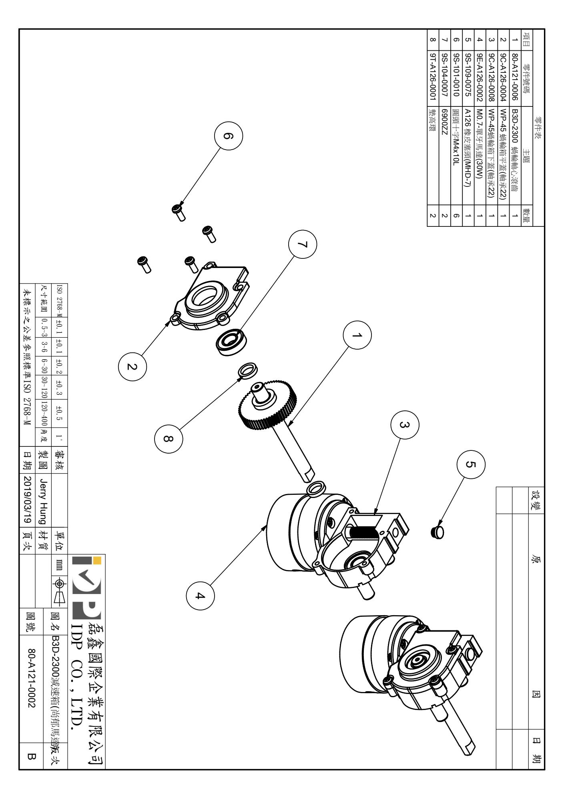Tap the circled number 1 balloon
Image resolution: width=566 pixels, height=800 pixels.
point(357,335)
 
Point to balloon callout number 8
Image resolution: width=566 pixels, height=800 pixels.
point(168,439)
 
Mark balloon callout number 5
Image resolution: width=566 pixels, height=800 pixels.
point(471,464)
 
